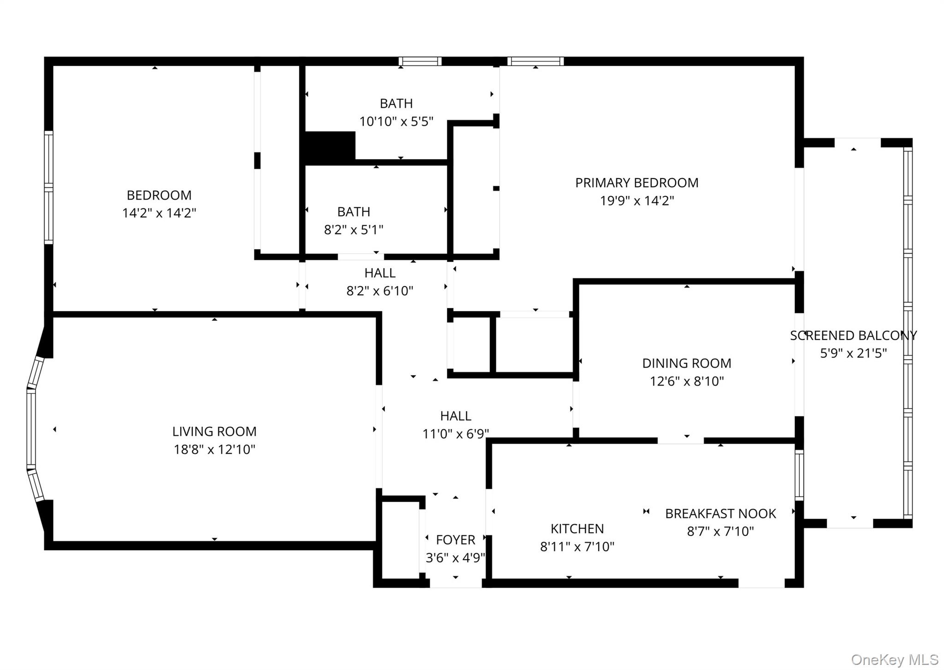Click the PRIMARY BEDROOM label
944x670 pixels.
pyautogui.click(x=637, y=183)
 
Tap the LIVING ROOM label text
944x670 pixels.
pyautogui.click(x=214, y=432)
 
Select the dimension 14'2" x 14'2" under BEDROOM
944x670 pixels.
pyautogui.click(x=159, y=213)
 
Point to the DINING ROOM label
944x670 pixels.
pyautogui.click(x=686, y=363)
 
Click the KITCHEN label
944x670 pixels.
pyautogui.click(x=577, y=528)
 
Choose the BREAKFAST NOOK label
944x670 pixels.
pyautogui.click(x=720, y=514)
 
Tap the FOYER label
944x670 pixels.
pyautogui.click(x=455, y=540)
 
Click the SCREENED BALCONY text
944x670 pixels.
pyautogui.click(x=853, y=336)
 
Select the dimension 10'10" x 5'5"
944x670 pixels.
pyautogui.click(x=396, y=122)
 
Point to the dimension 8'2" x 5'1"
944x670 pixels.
pyautogui.click(x=354, y=230)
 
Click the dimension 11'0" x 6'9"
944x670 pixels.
pyautogui.click(x=455, y=434)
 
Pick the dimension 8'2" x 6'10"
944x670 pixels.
pyautogui.click(x=380, y=291)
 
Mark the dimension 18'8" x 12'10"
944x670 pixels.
pyautogui.click(x=214, y=450)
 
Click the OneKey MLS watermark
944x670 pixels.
pyautogui.click(x=895, y=660)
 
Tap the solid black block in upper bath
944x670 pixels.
pyautogui.click(x=330, y=147)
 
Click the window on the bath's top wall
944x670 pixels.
pyautogui.click(x=420, y=61)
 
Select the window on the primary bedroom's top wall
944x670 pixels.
pyautogui.click(x=536, y=61)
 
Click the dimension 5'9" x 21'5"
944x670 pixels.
pyautogui.click(x=853, y=353)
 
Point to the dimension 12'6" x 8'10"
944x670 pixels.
pyautogui.click(x=686, y=381)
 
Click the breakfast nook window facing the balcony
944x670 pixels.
pyautogui.click(x=799, y=475)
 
